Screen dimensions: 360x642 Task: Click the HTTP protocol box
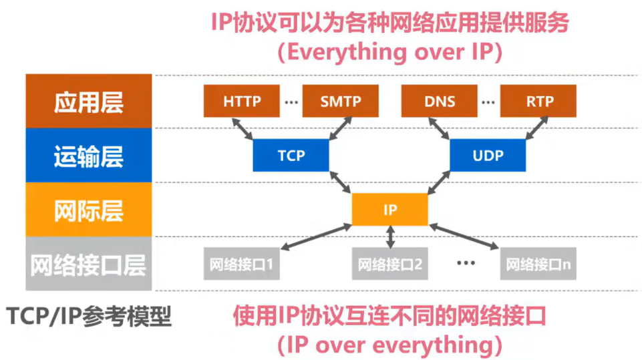pos(242,102)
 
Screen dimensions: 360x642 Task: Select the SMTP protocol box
pos(340,102)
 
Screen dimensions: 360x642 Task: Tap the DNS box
pos(439,102)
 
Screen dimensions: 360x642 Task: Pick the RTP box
pos(538,102)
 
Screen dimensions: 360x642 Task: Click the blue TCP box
pos(291,156)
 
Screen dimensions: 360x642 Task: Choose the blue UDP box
pos(488,156)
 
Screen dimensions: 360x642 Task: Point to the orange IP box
pos(390,210)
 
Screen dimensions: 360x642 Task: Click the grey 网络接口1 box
pos(242,264)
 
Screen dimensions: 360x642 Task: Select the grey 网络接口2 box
pos(390,264)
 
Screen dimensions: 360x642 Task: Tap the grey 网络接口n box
pos(538,264)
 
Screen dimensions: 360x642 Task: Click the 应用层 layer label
pos(89,102)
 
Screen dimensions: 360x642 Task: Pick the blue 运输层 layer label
pos(89,156)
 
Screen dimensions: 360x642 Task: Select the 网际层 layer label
pos(89,210)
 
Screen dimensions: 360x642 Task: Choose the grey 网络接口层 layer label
pos(89,264)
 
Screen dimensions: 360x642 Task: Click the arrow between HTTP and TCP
pos(242,129)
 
